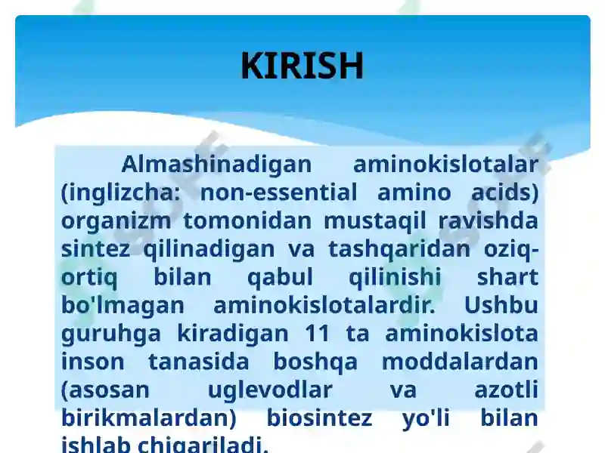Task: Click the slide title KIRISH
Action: (x=302, y=66)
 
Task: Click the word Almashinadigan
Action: (x=216, y=165)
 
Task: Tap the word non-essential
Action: (x=279, y=193)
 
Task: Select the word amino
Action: (x=414, y=193)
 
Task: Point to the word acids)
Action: (x=505, y=193)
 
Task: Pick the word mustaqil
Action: (x=374, y=221)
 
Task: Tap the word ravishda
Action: (x=488, y=220)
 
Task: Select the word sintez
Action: (x=96, y=249)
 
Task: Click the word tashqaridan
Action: (x=399, y=250)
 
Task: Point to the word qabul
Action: (x=280, y=278)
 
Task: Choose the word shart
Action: (x=507, y=277)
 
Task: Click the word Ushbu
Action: (x=501, y=306)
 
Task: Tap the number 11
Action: (x=317, y=334)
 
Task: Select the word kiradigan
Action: (x=233, y=334)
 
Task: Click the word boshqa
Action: (x=315, y=362)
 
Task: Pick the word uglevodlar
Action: (x=270, y=390)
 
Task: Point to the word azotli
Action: (x=506, y=390)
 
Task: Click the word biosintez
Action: (x=319, y=418)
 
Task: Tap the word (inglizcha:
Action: (x=121, y=193)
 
